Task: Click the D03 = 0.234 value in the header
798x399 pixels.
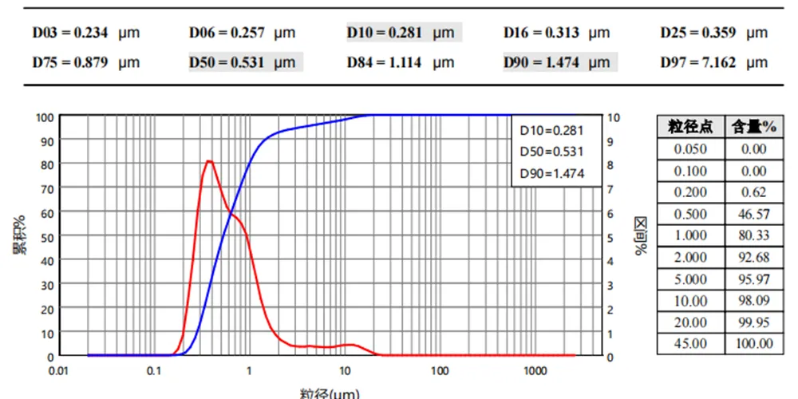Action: click(x=86, y=33)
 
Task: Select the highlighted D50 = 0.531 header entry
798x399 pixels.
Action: click(x=243, y=62)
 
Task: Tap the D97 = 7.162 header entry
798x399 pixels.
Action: click(x=713, y=62)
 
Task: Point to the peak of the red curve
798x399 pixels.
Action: click(x=209, y=161)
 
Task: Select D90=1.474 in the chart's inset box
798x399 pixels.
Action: click(x=552, y=173)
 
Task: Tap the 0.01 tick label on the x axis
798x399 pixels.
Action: click(x=58, y=372)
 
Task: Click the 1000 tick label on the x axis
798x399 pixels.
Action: click(x=535, y=372)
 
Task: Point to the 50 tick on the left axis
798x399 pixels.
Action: click(x=48, y=237)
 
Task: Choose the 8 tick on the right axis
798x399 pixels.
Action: click(x=611, y=165)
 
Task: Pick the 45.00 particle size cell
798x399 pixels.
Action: click(x=690, y=344)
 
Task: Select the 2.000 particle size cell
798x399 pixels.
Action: click(x=690, y=257)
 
